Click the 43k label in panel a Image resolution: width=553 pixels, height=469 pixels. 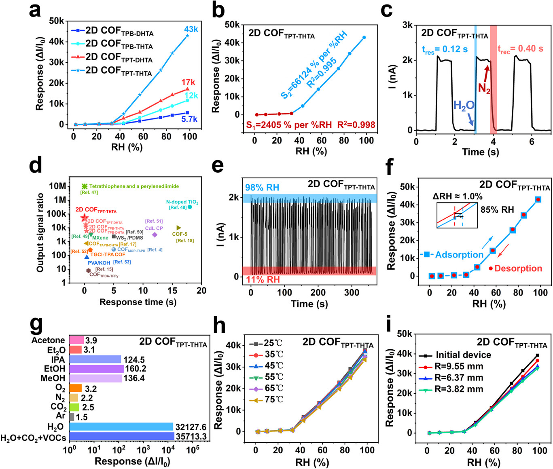pyautogui.click(x=191, y=29)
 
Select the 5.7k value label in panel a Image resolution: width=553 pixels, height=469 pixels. pyautogui.click(x=189, y=119)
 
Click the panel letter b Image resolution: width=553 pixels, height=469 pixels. pyautogui.click(x=218, y=11)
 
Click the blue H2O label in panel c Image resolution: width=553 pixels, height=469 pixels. pyautogui.click(x=464, y=106)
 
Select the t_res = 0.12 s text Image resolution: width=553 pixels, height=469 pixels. pyautogui.click(x=445, y=49)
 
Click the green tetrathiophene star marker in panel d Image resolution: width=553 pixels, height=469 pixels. pyautogui.click(x=85, y=186)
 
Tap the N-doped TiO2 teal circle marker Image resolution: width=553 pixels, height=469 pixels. pyautogui.click(x=190, y=207)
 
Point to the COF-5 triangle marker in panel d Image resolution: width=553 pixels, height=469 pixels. pyautogui.click(x=179, y=228)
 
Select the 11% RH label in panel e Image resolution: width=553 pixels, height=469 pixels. pyautogui.click(x=263, y=279)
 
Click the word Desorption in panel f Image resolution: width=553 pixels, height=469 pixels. pyautogui.click(x=518, y=268)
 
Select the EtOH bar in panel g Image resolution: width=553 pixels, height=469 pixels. pyautogui.click(x=96, y=369)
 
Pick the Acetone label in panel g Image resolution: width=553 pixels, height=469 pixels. pyautogui.click(x=48, y=340)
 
